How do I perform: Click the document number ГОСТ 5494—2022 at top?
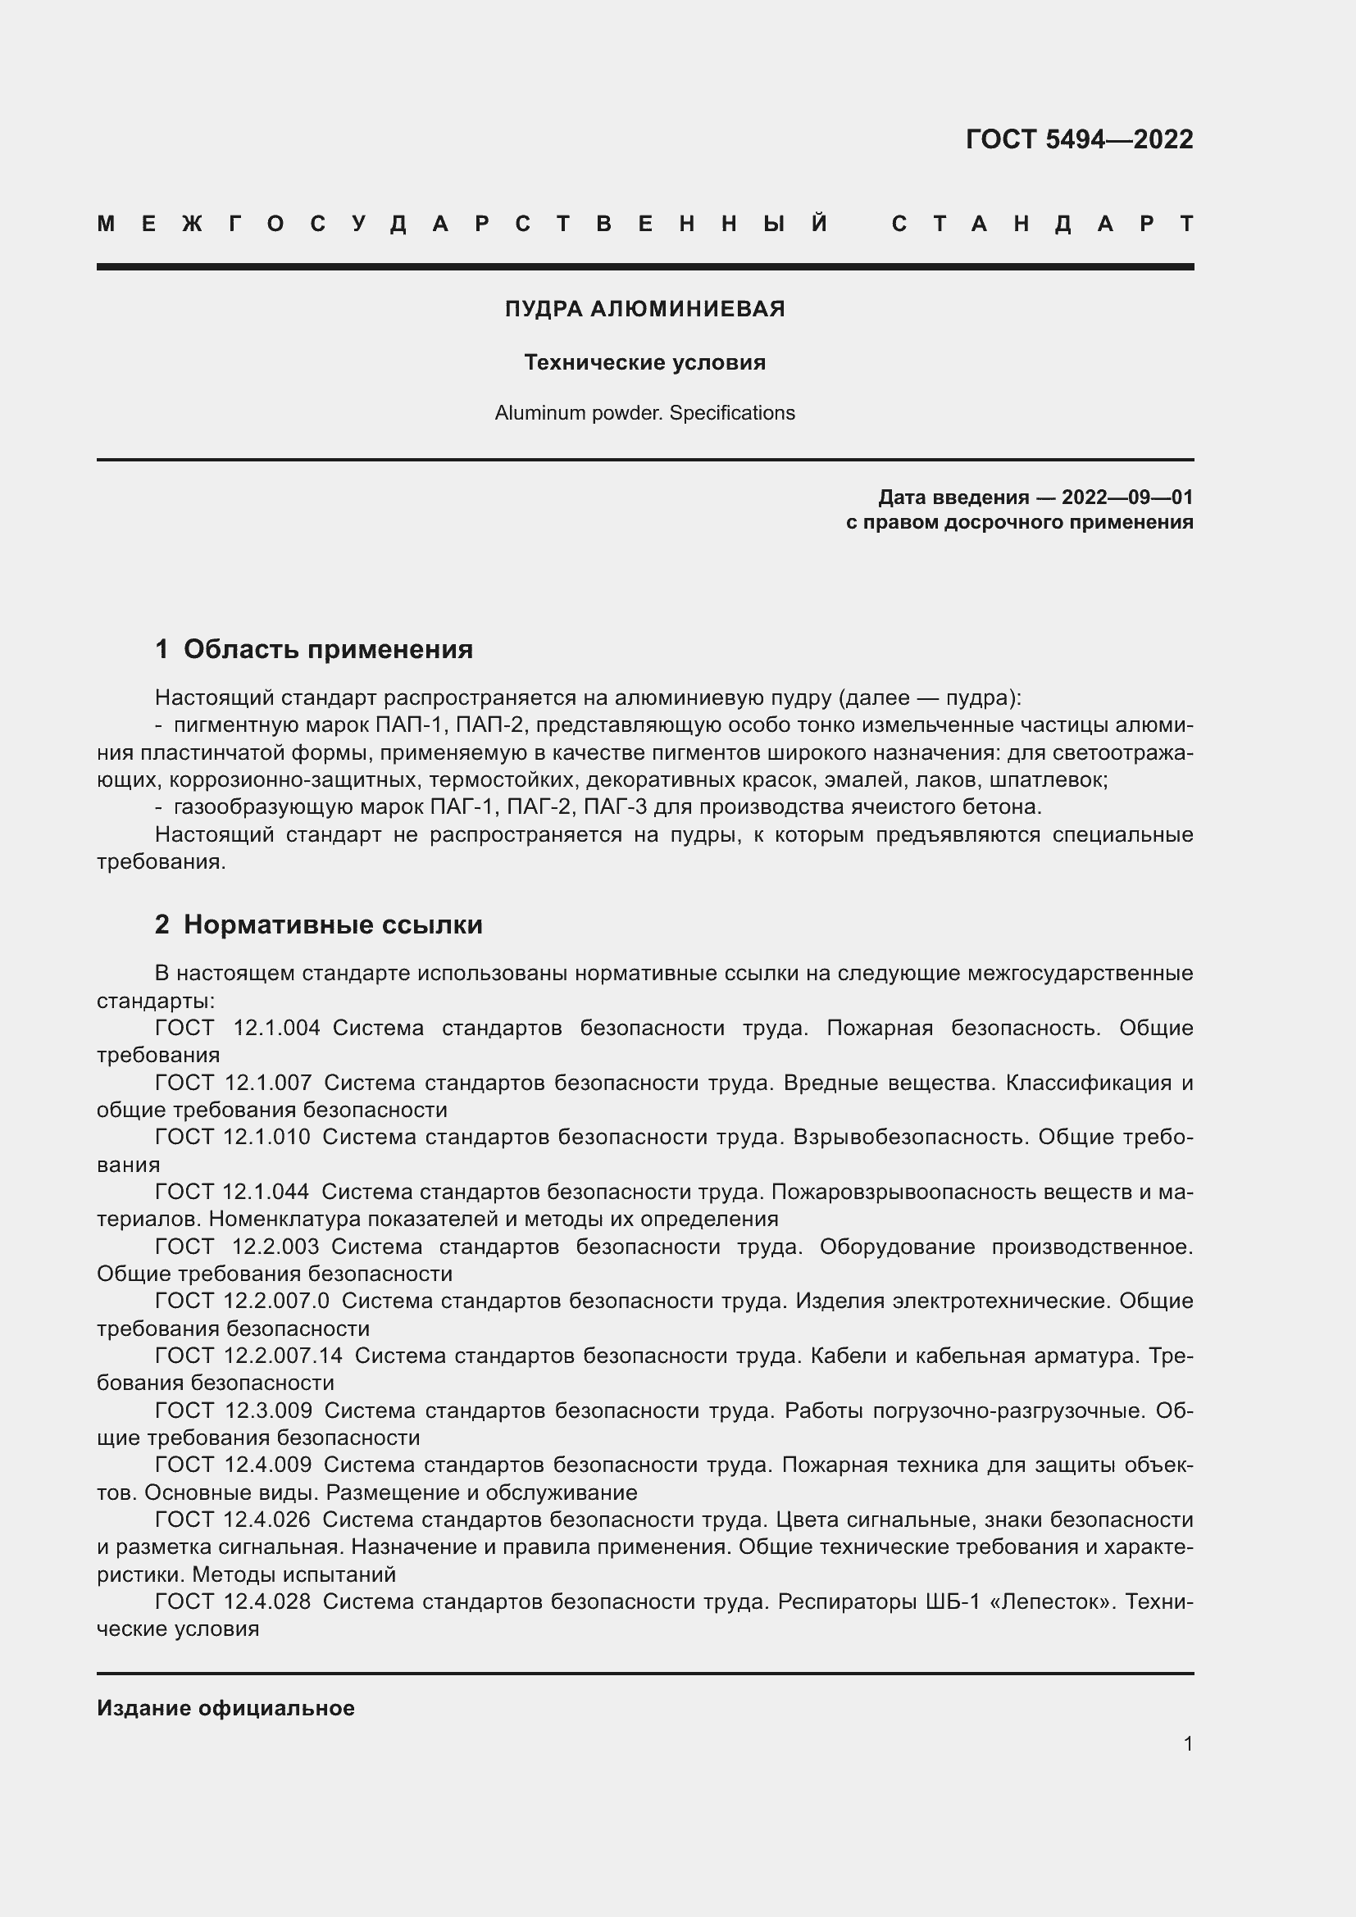tap(1079, 139)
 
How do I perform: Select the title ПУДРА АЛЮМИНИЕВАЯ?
tap(644, 309)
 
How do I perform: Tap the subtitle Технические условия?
tap(644, 362)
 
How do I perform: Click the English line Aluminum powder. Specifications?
tap(644, 412)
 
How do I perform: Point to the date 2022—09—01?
tap(1126, 497)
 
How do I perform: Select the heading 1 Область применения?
tap(314, 649)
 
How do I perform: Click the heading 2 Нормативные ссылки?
tap(318, 924)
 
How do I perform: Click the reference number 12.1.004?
tap(276, 1028)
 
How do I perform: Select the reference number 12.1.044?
tap(267, 1192)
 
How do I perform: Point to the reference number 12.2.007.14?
tap(284, 1355)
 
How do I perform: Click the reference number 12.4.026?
tap(267, 1520)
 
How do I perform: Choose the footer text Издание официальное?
tap(225, 1708)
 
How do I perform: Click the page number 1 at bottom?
tap(1187, 1743)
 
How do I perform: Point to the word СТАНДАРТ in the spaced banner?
tap(1042, 224)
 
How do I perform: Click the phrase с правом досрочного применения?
tap(1019, 523)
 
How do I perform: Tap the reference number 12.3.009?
tap(268, 1410)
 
